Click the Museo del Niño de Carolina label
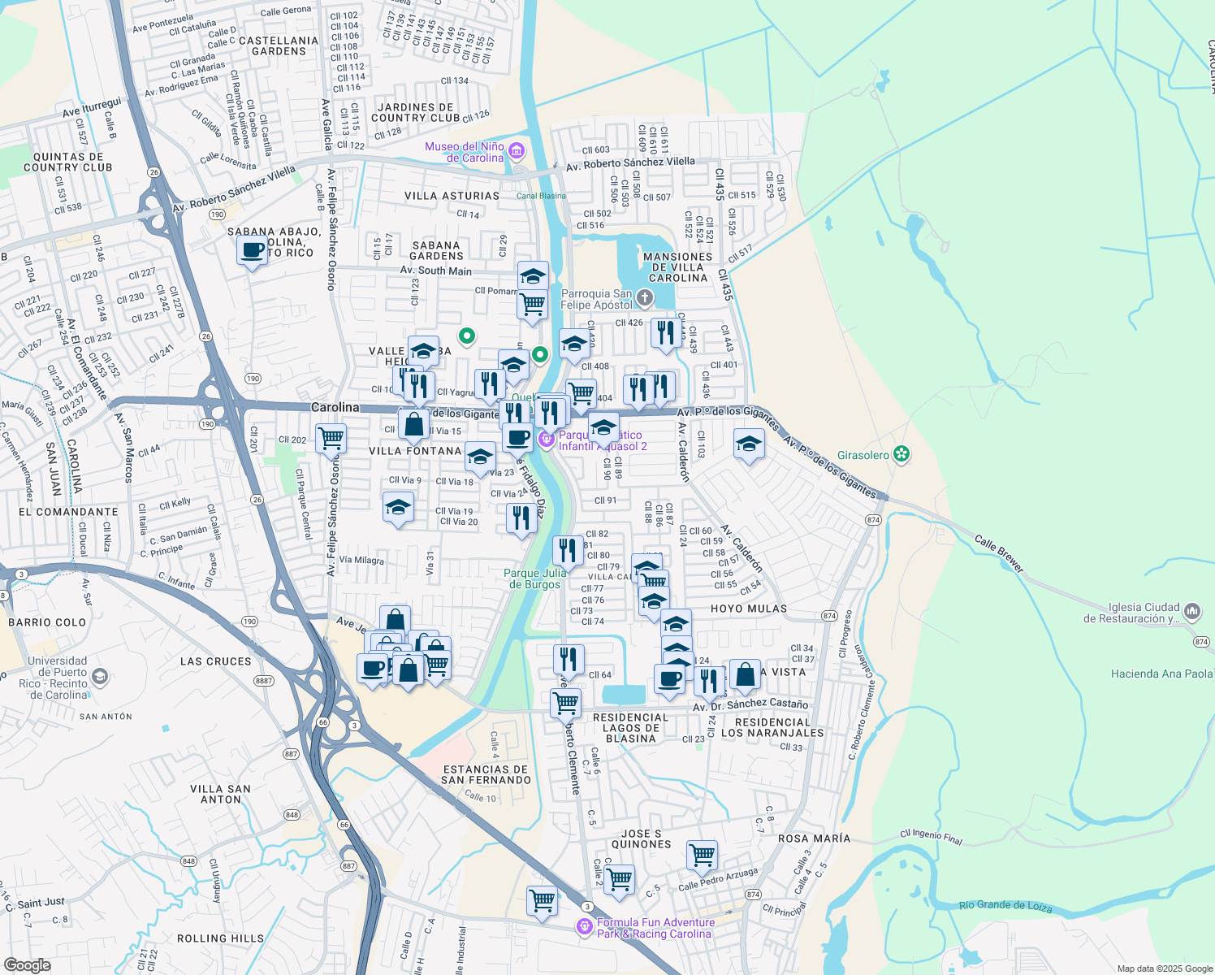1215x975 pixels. tap(465, 153)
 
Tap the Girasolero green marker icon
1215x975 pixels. tap(901, 454)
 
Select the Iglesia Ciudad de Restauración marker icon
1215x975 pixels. tap(1192, 611)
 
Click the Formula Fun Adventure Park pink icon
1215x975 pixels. tap(584, 926)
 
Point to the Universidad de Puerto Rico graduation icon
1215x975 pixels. tap(99, 676)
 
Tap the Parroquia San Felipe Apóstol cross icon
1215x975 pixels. tap(644, 297)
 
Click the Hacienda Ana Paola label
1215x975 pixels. tap(1161, 674)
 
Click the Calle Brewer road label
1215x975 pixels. tap(999, 553)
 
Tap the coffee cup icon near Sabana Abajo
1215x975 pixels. tap(253, 250)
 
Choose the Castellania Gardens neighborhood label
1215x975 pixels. tap(279, 45)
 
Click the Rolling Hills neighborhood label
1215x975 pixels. tap(220, 938)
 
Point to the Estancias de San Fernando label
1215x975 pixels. tap(486, 774)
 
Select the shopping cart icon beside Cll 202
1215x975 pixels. tap(331, 439)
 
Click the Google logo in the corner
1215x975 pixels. tap(27, 965)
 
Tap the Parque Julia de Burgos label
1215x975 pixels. tap(534, 578)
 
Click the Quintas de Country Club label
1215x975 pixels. tap(68, 162)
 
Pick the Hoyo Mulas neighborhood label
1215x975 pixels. tap(748, 609)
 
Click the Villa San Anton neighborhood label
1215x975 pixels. tap(220, 794)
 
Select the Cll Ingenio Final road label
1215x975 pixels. tap(931, 837)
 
